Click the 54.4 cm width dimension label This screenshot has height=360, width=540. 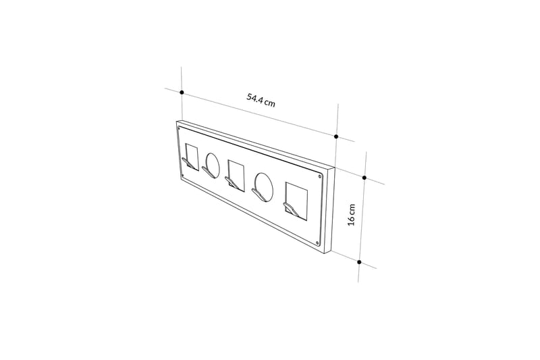pos(261,100)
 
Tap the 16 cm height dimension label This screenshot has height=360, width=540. pos(351,214)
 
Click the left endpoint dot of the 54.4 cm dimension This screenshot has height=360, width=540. pos(182,91)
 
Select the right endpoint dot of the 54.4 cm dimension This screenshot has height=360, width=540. pos(336,136)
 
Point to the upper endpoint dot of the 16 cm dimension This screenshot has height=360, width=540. pos(364,178)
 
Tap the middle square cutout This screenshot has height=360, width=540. pos(235,173)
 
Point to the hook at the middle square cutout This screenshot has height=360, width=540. pos(232,183)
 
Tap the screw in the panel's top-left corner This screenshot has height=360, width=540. pos(178,128)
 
